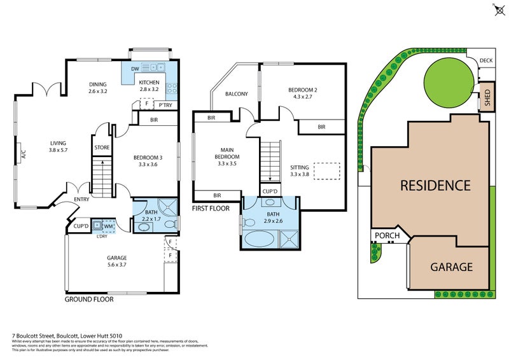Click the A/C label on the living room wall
24,154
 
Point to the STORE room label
102,148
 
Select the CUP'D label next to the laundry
80,226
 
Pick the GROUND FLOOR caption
89,299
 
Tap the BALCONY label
236,94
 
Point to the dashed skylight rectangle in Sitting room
326,171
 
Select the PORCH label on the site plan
387,236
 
